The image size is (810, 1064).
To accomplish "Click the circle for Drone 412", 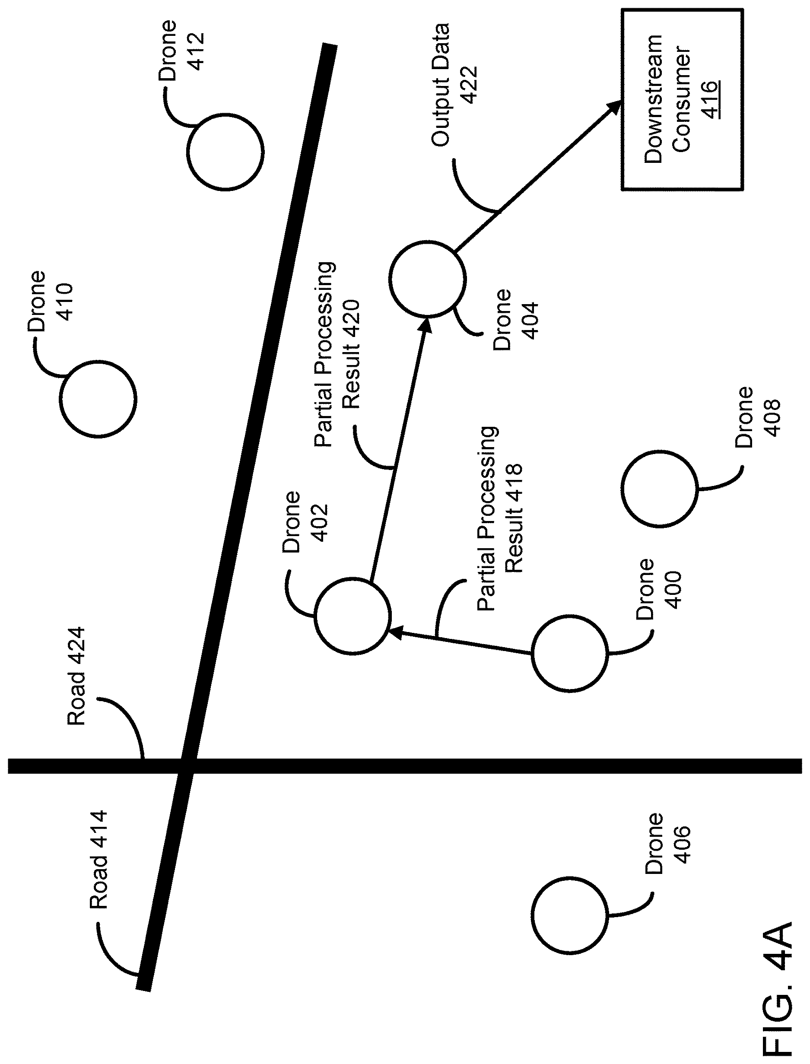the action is (187, 152).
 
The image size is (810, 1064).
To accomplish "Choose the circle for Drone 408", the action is (623, 489).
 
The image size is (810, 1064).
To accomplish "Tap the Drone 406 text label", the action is (667, 843).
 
